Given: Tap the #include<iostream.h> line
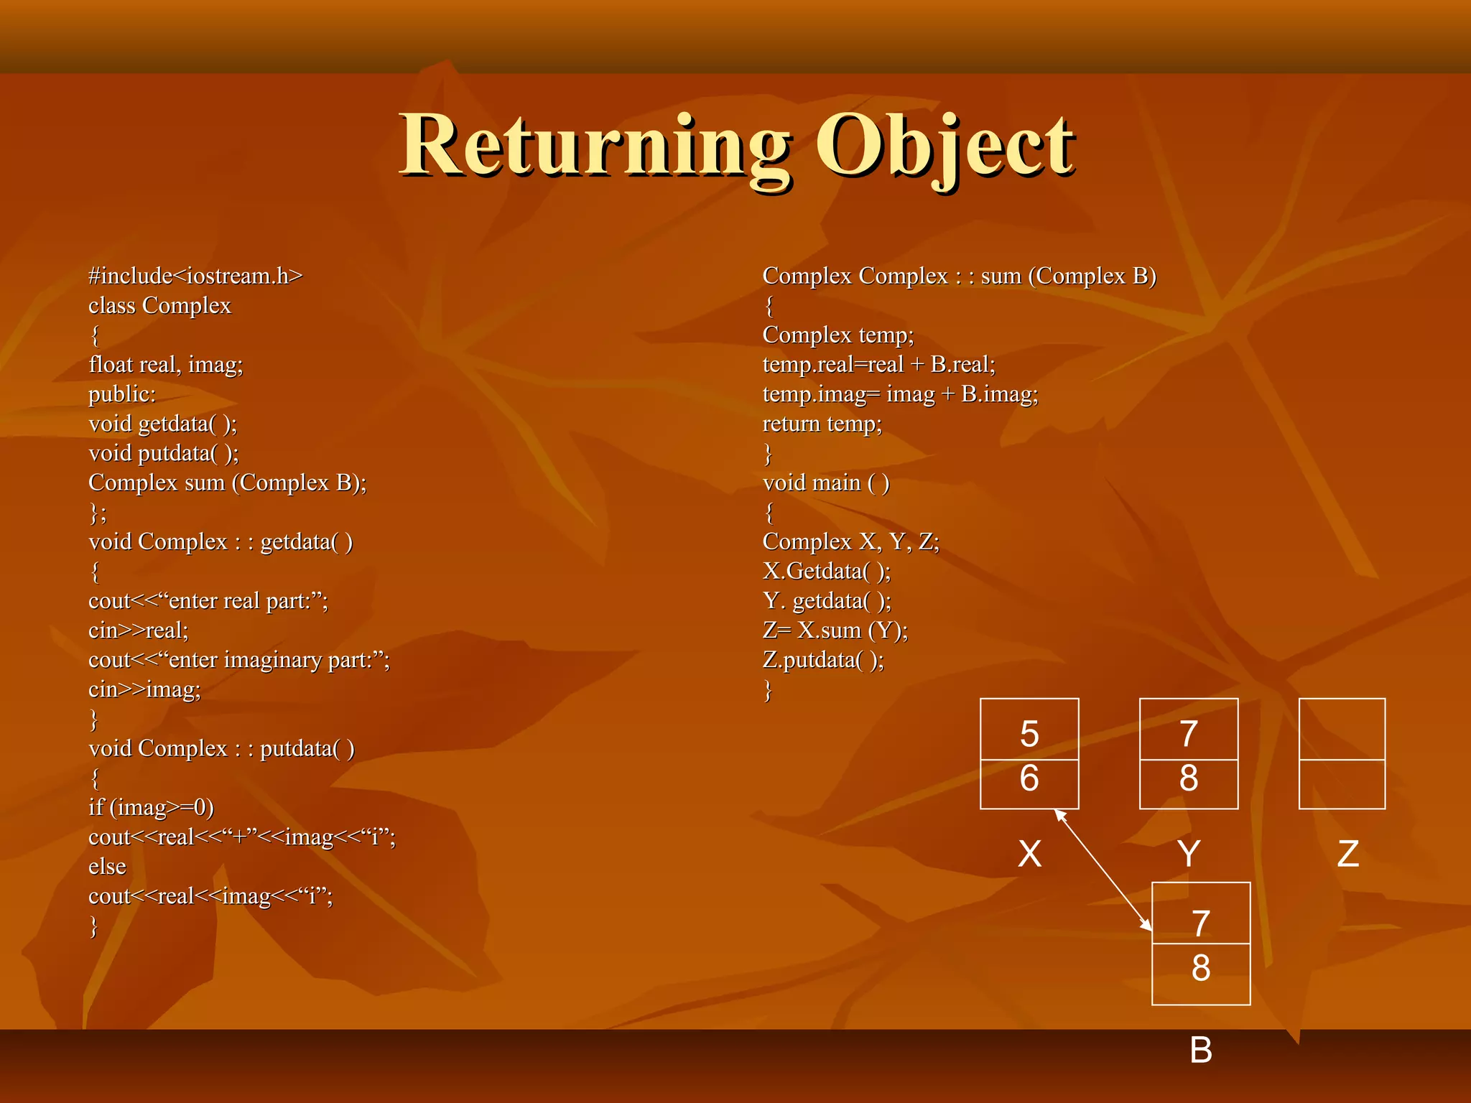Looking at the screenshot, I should (195, 276).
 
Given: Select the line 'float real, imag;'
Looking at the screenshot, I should (166, 365).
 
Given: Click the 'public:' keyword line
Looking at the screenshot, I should (122, 394).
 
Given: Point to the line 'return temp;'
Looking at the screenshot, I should (822, 424).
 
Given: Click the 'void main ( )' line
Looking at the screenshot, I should (825, 483).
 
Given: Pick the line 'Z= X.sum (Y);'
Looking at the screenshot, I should (835, 630).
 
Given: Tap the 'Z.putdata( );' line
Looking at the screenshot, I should (823, 660).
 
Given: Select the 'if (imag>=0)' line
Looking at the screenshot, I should (151, 807).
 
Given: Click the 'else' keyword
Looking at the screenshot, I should (107, 867).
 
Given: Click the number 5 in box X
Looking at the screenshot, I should (1029, 734).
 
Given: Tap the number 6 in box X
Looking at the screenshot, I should (1029, 778).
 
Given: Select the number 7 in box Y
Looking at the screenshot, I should (1189, 734).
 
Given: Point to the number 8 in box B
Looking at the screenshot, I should (1201, 968).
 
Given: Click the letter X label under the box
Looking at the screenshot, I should (1029, 854).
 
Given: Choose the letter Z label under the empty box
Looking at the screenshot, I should (1347, 854).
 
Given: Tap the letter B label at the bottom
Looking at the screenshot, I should (1201, 1050).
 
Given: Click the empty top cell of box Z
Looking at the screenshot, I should (1342, 730).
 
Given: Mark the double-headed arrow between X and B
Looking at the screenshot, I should (1103, 870).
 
